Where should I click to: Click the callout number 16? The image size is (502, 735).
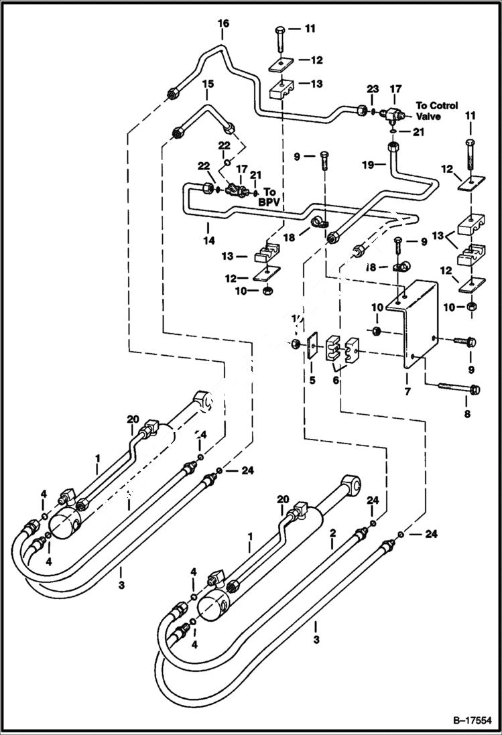coord(223,23)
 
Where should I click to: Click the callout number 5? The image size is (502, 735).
coord(312,381)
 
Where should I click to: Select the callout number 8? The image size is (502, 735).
coord(467,414)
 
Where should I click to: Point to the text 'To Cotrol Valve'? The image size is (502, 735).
coord(436,110)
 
